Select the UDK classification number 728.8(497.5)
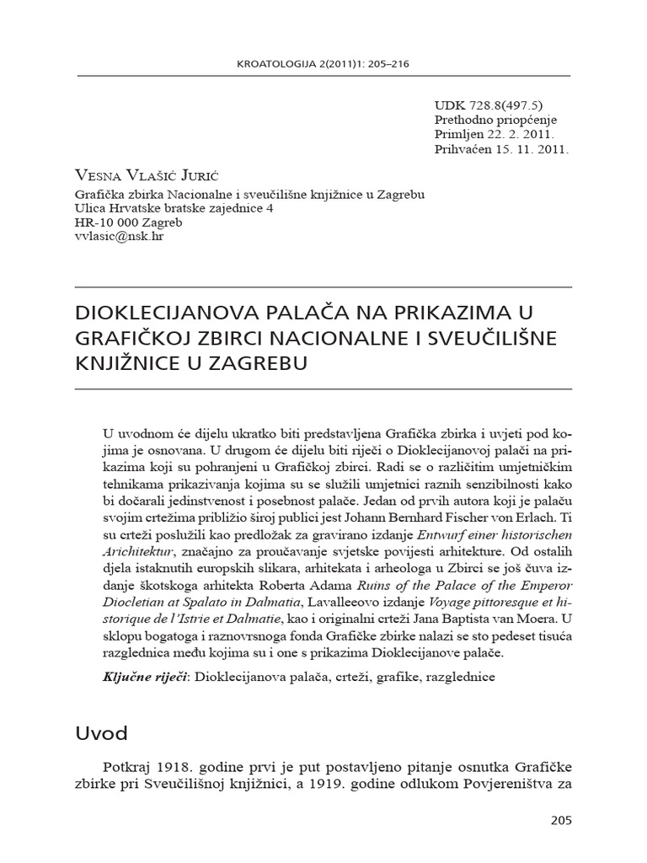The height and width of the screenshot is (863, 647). [x=500, y=105]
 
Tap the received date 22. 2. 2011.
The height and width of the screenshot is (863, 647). [x=528, y=135]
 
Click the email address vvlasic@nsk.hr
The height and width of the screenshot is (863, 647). [x=118, y=238]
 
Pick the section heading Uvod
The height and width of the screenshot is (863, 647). [x=101, y=733]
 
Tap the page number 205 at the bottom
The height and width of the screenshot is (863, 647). [x=560, y=819]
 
